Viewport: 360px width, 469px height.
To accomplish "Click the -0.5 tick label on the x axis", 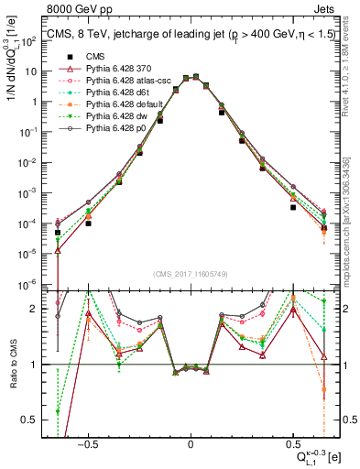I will click(x=87, y=441).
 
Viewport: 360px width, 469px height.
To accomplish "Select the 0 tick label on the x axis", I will click(x=191, y=441).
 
